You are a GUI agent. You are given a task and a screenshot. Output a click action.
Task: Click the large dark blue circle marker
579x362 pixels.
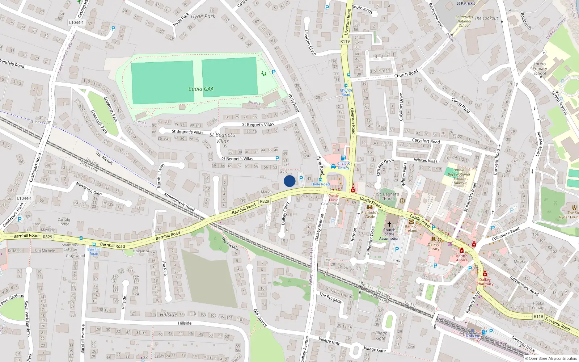(289, 181)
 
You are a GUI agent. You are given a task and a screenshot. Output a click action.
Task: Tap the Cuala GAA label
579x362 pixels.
(201, 89)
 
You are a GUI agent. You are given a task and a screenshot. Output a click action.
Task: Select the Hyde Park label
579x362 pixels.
(203, 16)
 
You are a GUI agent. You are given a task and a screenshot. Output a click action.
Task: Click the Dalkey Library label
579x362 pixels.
(433, 247)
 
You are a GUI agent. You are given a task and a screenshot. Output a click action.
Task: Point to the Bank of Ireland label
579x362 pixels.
(411, 228)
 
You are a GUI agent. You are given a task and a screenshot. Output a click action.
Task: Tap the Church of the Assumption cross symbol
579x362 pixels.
(389, 224)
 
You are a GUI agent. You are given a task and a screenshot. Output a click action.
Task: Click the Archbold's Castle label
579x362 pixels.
(370, 214)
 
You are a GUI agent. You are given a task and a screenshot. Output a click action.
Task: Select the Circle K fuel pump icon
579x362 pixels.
(343, 158)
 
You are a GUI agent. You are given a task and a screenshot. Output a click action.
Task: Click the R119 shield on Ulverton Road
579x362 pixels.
(345, 41)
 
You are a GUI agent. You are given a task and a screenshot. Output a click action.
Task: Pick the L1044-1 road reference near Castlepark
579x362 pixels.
(76, 22)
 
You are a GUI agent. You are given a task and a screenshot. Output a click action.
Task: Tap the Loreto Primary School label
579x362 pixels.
(540, 68)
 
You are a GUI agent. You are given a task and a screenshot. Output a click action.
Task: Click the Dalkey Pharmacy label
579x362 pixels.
(485, 282)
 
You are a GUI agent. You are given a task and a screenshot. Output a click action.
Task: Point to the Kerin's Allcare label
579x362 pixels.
(462, 258)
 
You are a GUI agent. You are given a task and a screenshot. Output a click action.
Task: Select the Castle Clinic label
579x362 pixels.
(333, 198)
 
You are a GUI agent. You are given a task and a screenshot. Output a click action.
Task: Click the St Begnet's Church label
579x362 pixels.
(388, 197)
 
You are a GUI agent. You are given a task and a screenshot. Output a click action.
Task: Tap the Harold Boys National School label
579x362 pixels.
(459, 176)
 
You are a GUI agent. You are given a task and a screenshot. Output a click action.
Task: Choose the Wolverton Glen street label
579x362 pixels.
(88, 188)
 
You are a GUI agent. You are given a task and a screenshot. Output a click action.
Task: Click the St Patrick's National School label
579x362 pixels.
(464, 21)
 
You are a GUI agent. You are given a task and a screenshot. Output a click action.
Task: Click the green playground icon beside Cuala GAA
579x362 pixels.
(264, 73)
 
